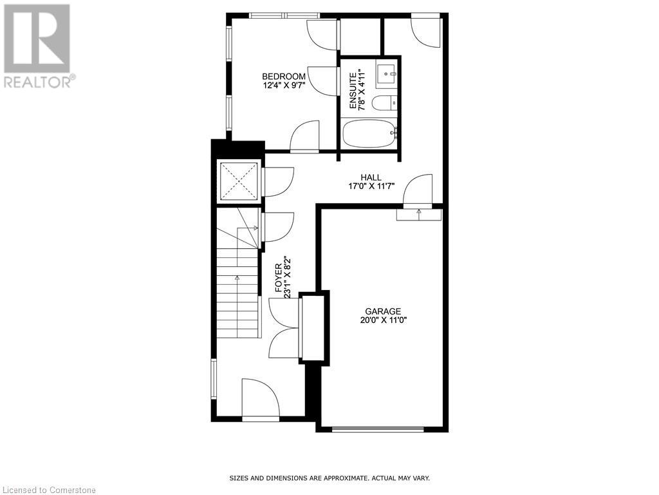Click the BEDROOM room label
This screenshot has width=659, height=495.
point(284,76)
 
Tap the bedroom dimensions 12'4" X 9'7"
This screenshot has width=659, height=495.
point(284,84)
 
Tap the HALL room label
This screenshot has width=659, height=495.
point(371,178)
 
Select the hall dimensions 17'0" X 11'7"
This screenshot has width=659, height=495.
point(371,186)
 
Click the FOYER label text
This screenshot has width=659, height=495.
point(279,277)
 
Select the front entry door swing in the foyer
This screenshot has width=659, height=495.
point(259,398)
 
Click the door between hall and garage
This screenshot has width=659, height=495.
point(419,191)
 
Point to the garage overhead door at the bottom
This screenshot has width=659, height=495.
point(378,429)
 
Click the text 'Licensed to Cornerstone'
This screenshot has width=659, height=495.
point(48,490)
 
